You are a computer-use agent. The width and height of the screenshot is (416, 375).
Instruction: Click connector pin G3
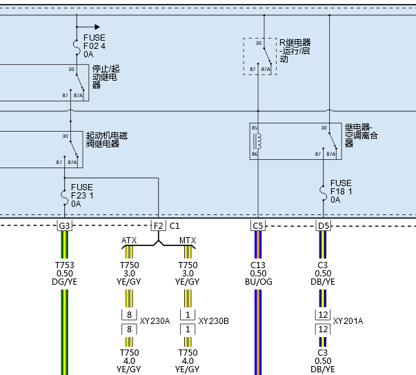[64, 226]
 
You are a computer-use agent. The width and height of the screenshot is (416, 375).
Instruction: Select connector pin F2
[159, 226]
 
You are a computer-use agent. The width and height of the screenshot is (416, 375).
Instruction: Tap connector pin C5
[258, 226]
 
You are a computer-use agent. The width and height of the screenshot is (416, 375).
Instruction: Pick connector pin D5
[323, 226]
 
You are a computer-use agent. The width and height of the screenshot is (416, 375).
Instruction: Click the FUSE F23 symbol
[63, 197]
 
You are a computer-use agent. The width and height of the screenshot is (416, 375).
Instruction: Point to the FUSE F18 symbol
[323, 193]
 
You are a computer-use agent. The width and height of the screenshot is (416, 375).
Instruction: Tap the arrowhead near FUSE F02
[97, 27]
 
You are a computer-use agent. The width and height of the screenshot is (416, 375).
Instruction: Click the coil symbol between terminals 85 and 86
[257, 141]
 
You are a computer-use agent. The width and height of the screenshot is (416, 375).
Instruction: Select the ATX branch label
[129, 241]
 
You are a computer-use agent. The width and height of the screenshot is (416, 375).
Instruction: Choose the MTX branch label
[188, 241]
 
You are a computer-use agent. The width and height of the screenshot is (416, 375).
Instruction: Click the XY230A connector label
[155, 321]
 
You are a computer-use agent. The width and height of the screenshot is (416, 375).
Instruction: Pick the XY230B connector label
[214, 321]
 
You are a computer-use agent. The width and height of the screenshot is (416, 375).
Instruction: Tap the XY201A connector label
[348, 321]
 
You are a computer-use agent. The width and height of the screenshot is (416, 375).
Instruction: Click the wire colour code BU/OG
[259, 282]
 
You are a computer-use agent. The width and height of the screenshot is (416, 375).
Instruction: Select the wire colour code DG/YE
[64, 282]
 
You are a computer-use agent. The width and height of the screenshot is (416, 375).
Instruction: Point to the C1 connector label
[175, 226]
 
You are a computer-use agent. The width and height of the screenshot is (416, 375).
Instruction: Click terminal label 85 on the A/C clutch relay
[255, 128]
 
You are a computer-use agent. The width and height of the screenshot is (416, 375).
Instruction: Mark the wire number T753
[64, 265]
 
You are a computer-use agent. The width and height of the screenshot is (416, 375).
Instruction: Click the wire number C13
[258, 265]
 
